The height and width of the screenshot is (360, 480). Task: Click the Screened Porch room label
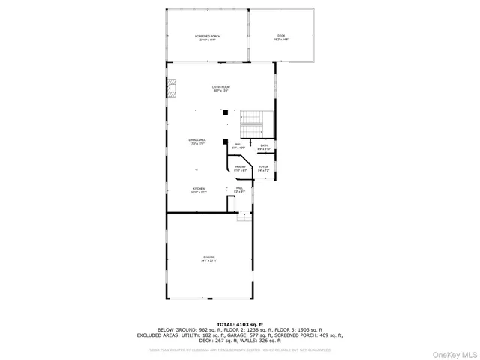coord(208,37)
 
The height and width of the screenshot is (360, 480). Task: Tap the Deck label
coord(280,37)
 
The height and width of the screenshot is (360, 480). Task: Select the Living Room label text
coord(220,88)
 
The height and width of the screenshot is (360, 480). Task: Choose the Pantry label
coord(240,169)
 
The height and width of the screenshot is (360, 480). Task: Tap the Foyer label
coord(263,169)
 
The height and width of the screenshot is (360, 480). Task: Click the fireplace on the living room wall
coord(172,91)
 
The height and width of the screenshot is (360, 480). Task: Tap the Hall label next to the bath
coord(239,145)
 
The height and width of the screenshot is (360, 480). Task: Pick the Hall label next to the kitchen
coord(239,190)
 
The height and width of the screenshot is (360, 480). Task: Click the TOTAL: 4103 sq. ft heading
coord(239,323)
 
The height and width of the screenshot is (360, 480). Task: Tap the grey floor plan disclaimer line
coord(239,349)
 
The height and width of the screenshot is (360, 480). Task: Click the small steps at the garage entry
coord(244,217)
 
